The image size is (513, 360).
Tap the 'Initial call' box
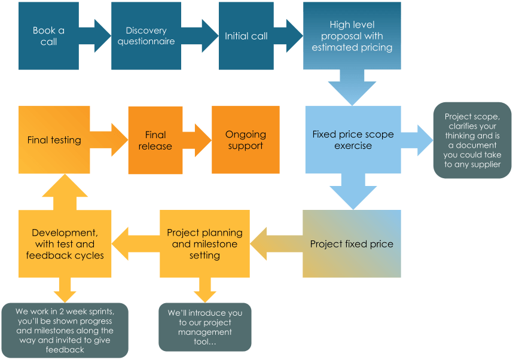246,36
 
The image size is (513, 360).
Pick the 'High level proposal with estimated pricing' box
352,36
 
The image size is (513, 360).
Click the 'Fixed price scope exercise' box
353,141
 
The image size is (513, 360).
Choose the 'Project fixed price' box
352,244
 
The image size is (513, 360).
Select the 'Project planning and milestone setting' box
204,244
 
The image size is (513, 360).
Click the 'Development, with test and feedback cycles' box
65,244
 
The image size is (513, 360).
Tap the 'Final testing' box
54,141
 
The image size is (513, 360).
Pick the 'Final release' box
155,141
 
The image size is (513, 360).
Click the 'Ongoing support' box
246,141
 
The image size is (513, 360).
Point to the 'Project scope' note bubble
472,141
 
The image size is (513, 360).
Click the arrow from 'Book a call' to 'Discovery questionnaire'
94,36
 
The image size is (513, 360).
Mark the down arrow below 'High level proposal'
352,87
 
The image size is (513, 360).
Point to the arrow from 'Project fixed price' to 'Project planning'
275,244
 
